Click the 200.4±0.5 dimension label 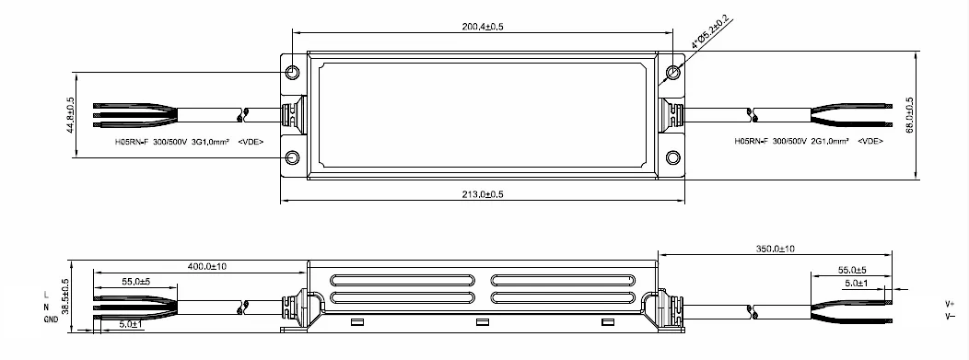click(484, 27)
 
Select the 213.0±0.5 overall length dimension click(483, 194)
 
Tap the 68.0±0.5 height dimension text click(909, 116)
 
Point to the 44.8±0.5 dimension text click(70, 115)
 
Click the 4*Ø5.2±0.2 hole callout click(709, 33)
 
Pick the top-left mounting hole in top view click(293, 73)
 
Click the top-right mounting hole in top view click(673, 73)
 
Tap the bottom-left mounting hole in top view click(293, 157)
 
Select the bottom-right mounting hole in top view click(673, 157)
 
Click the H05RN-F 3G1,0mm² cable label click(189, 142)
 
